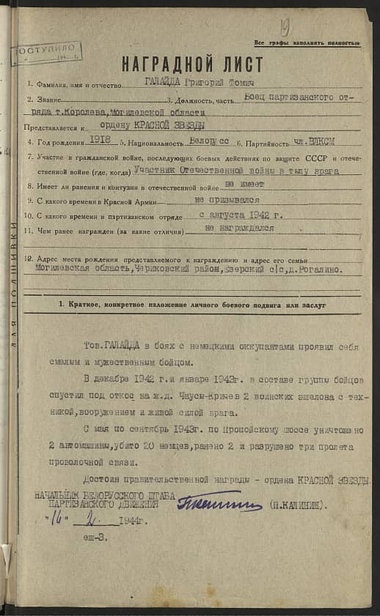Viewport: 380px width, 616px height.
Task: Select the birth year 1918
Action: point(99,140)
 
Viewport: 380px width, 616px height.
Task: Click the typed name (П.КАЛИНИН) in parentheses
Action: point(302,505)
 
